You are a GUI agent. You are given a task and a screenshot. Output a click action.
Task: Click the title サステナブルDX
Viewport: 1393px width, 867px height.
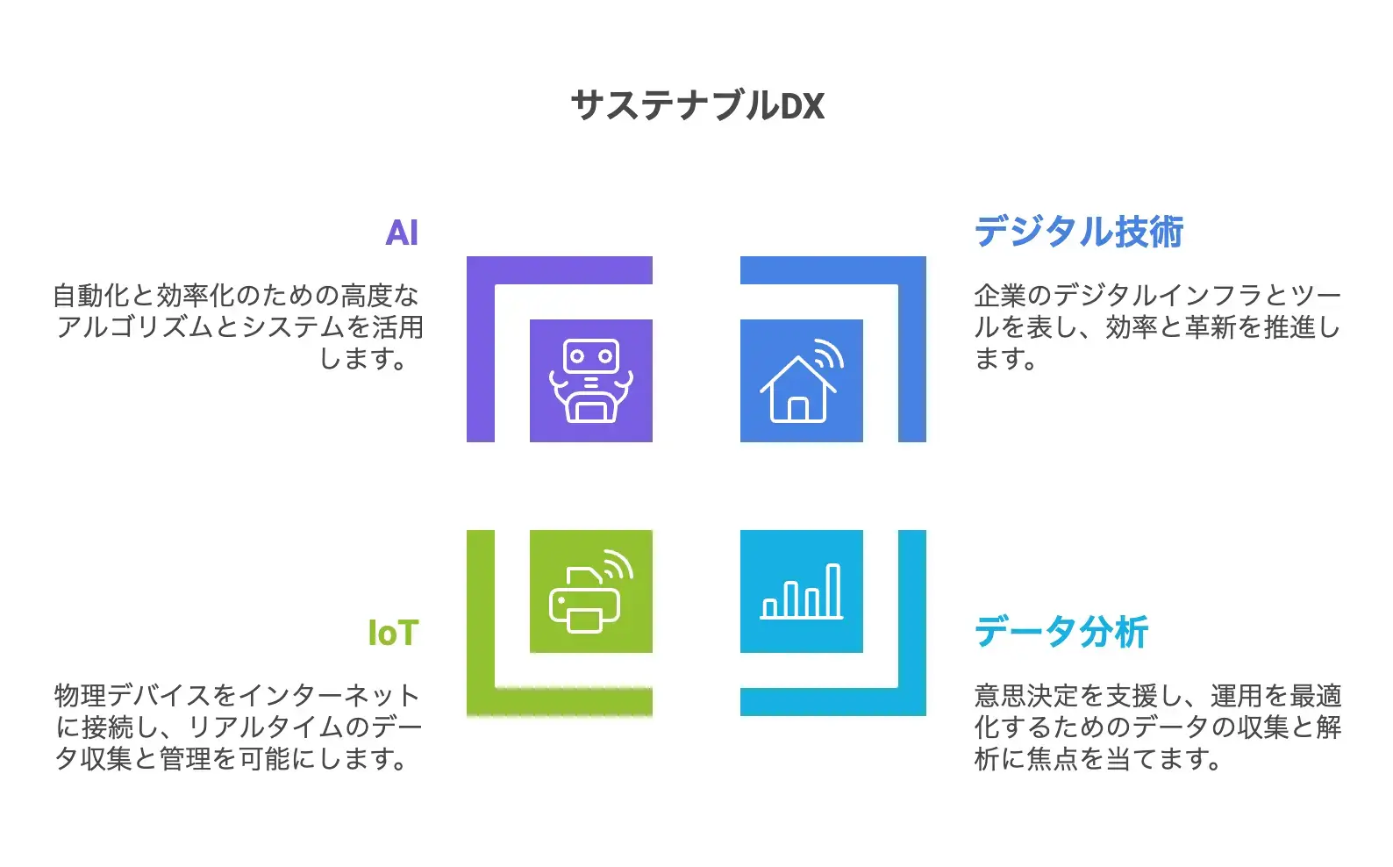coord(697,105)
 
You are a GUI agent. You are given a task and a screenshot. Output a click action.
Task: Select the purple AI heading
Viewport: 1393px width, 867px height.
coord(402,233)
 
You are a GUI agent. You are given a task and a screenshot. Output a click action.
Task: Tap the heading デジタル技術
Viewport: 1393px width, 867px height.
coord(1079,232)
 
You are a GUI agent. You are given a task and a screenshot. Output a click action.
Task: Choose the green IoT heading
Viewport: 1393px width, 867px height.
coord(393,633)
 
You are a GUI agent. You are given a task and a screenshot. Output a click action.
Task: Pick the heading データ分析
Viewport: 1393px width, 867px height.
coord(1061,632)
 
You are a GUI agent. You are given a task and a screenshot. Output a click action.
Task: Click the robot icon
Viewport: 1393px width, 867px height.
coord(590,381)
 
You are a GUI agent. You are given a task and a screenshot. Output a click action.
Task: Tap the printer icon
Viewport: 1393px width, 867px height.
coord(586,598)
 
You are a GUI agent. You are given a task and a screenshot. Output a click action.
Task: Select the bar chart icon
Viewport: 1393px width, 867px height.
coord(802,591)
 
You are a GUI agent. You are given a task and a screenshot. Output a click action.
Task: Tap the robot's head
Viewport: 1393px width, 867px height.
coord(590,356)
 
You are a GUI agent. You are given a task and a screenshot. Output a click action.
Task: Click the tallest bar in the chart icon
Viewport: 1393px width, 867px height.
coord(833,590)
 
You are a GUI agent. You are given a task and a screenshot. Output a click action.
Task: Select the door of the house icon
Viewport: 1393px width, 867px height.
coord(798,410)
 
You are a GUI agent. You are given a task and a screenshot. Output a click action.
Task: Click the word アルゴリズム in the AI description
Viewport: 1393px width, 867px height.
coord(136,327)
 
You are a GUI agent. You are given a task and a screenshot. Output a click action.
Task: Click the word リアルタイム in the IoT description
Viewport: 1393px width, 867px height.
coord(268,727)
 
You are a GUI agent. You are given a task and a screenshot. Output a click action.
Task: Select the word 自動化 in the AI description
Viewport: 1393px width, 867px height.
coord(91,296)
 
